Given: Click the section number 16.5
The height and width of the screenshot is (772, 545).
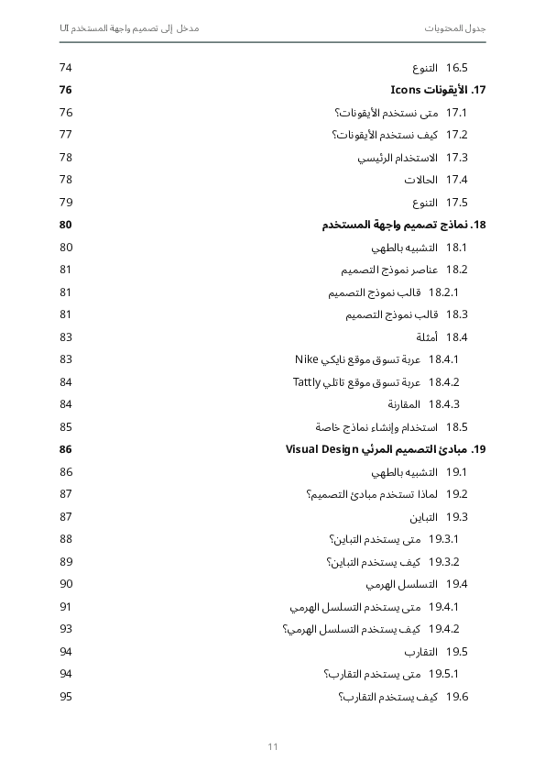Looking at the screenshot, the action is [x=457, y=68].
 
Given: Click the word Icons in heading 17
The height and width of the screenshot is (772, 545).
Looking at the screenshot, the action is [x=405, y=90].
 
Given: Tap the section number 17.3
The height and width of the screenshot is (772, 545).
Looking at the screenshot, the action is [x=457, y=158].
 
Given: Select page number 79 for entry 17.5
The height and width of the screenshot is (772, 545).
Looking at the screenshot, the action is [x=66, y=203].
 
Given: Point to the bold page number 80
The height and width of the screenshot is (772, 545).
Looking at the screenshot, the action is [x=66, y=225].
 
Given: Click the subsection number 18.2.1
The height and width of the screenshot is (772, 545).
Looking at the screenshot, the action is [x=443, y=292].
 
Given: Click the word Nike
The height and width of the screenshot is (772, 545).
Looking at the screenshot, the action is [x=306, y=359].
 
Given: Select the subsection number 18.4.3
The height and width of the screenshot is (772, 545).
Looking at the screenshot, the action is [x=443, y=404].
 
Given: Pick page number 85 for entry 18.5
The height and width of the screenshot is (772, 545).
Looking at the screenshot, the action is [x=66, y=427].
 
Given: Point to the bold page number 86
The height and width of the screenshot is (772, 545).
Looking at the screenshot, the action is [x=66, y=449].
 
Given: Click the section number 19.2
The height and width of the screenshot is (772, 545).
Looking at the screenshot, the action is [x=457, y=494].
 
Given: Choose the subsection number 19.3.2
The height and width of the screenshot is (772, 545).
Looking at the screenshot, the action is [x=443, y=562].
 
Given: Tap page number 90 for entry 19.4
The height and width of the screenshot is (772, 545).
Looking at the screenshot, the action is [x=66, y=584].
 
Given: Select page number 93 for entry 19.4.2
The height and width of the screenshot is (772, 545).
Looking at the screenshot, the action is [x=66, y=629].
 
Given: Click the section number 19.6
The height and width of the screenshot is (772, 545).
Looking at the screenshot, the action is [x=457, y=697].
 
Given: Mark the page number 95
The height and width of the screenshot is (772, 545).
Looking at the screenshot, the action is [x=66, y=697].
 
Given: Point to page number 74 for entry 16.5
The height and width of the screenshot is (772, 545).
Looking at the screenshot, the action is [x=66, y=68].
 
